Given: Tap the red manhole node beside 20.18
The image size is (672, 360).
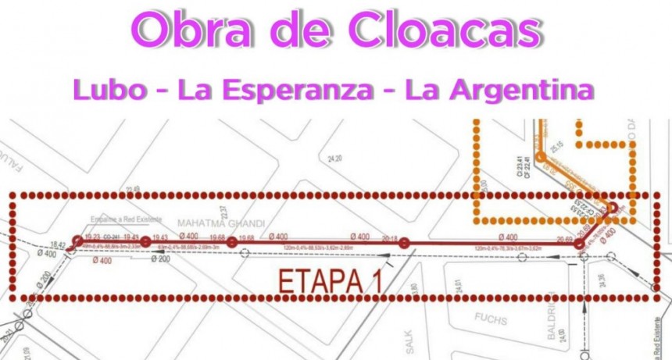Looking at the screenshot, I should click(404, 244).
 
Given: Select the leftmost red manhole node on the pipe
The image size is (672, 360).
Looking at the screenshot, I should click(77, 241).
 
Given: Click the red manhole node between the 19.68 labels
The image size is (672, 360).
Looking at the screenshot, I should click(232, 243).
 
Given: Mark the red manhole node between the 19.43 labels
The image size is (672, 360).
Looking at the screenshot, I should click(145, 242).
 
